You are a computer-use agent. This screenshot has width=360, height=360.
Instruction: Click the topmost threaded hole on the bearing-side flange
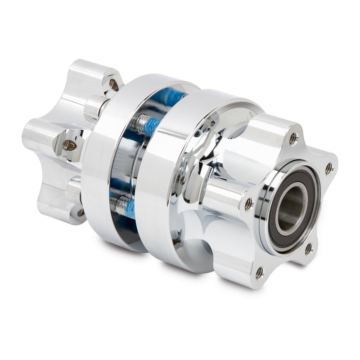pos(293,139)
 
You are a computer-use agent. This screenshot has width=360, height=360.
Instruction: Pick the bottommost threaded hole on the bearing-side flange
pos(260,272)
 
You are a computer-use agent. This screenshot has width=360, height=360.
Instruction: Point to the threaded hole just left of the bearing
pos(248,205)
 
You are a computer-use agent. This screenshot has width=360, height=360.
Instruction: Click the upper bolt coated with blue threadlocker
pos(144,125)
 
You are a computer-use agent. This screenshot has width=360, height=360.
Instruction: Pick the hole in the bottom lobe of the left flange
pos(81,212)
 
